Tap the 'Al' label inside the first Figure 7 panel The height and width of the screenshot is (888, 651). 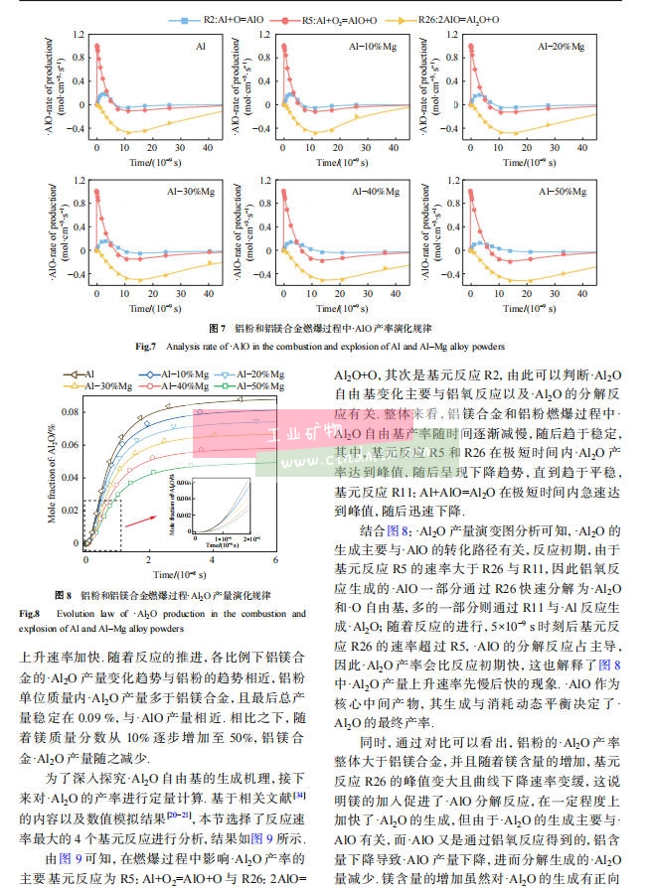click(201, 47)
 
